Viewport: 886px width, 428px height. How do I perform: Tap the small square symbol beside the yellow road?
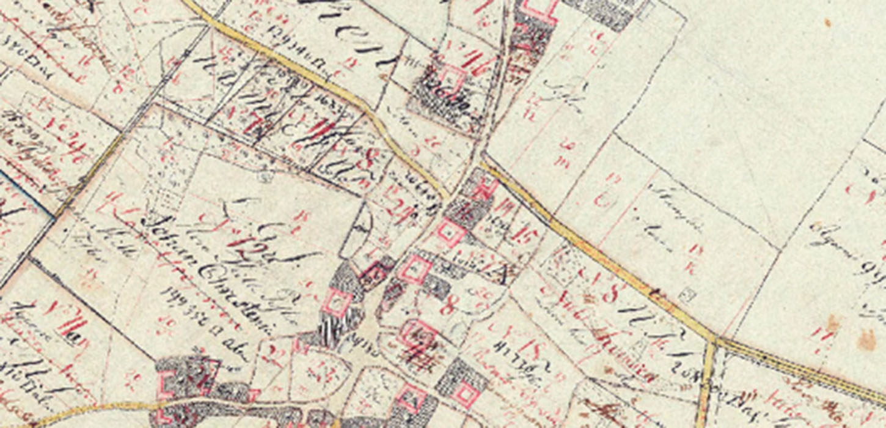point(688,295)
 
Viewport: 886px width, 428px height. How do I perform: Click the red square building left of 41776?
point(466,394)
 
